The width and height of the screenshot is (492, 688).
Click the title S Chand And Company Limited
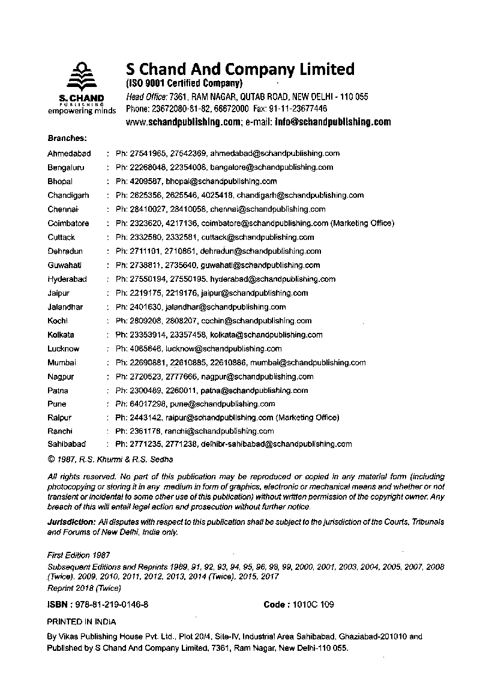240,69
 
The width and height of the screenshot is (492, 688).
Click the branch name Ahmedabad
69,154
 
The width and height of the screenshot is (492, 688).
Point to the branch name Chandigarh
68,195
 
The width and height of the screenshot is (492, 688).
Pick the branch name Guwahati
65,265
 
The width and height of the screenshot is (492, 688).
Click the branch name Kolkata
61,335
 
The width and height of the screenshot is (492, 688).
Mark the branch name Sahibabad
67,444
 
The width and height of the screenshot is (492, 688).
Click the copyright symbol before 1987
51,460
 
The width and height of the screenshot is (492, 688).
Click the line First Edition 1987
79,556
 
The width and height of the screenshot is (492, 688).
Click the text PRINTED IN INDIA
82,622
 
